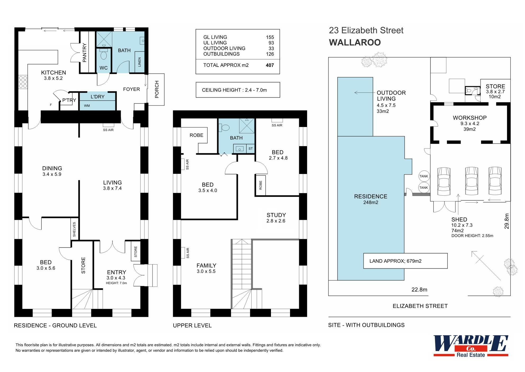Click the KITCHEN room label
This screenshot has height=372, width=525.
click(x=53, y=72)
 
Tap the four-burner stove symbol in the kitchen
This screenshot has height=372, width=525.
click(x=23, y=82)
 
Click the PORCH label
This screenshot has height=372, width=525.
click(x=157, y=89)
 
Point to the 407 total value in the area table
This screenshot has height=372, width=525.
click(x=270, y=65)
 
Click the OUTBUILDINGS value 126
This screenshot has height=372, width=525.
click(x=270, y=54)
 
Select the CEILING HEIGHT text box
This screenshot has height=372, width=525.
click(x=238, y=90)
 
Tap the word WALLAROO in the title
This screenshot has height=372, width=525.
click(x=355, y=42)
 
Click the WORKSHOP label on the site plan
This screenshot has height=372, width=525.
click(x=469, y=118)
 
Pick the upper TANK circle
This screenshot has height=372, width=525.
click(x=423, y=176)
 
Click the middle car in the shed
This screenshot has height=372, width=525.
click(x=471, y=181)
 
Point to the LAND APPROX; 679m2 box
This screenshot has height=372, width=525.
click(x=405, y=261)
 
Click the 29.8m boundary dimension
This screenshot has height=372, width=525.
click(x=506, y=221)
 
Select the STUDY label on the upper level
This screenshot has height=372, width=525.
click(x=276, y=215)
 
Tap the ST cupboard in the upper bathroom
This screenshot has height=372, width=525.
click(x=250, y=149)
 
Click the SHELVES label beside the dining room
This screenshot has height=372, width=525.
click(x=74, y=229)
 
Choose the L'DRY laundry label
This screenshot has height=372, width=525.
click(x=97, y=97)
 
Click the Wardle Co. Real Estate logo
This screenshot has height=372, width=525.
click(x=470, y=346)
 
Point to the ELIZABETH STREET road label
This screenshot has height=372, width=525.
click(x=420, y=306)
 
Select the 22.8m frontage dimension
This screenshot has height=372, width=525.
click(x=419, y=290)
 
